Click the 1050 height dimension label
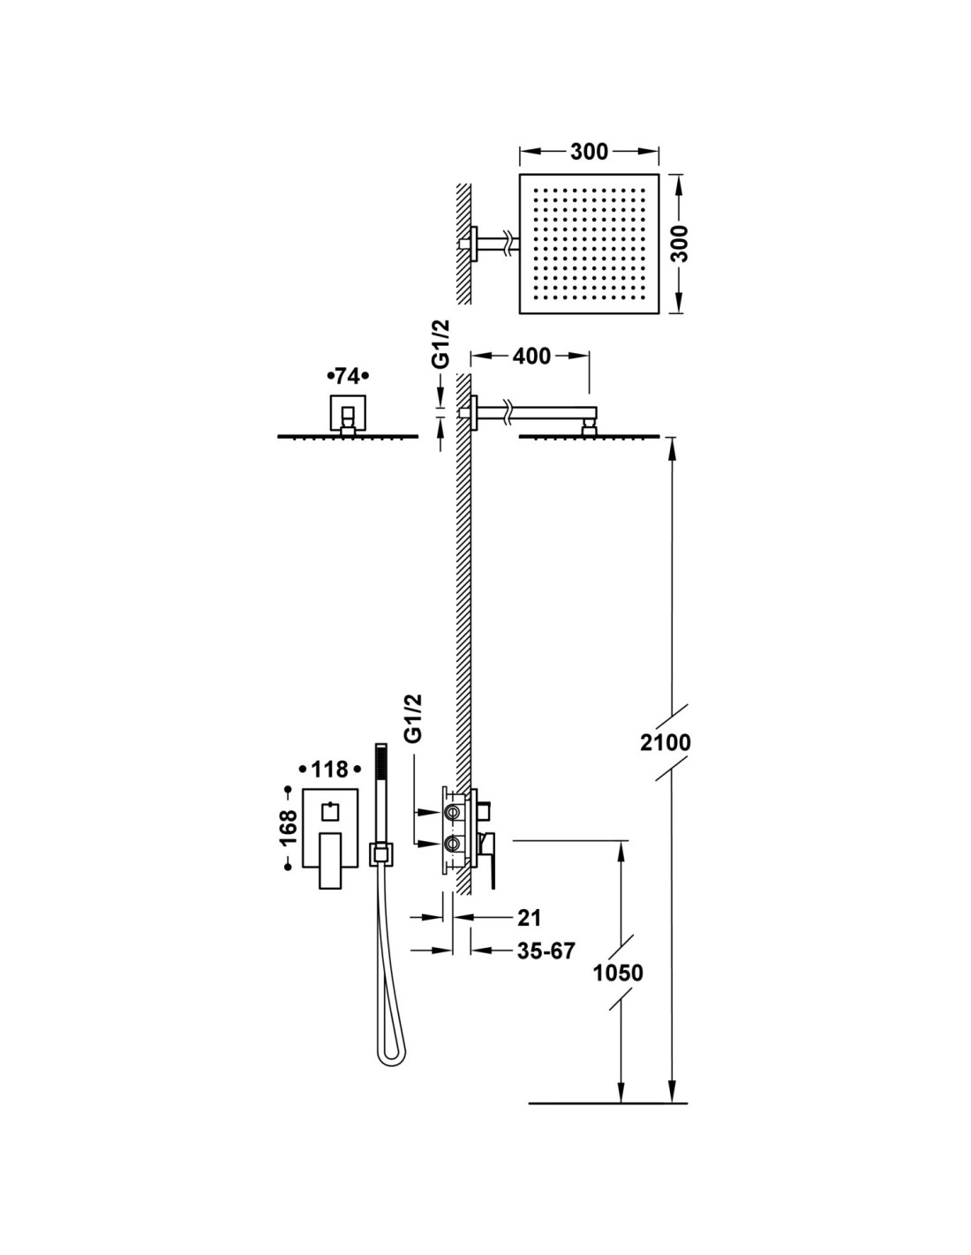[618, 973]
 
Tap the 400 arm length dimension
[531, 356]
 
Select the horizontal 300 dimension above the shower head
[589, 152]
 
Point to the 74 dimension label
[347, 377]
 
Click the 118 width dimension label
[329, 770]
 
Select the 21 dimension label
[529, 918]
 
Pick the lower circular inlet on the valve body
[453, 844]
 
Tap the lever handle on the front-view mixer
[330, 860]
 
